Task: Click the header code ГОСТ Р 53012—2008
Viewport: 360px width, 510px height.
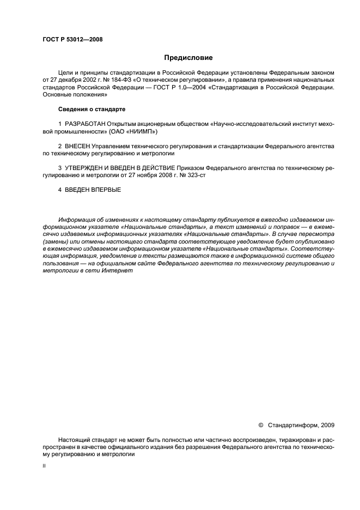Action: [72, 40]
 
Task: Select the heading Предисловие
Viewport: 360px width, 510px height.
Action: [188, 58]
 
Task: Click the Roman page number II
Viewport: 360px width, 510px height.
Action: [44, 466]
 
